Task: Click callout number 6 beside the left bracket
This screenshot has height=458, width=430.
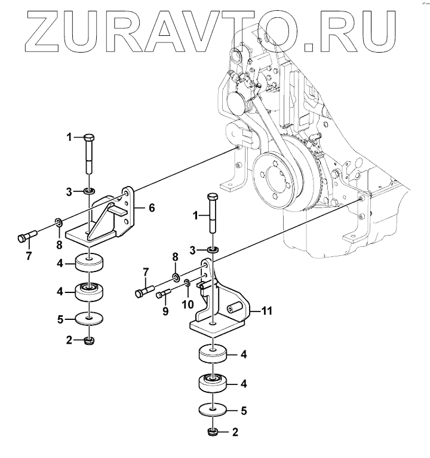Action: (152, 207)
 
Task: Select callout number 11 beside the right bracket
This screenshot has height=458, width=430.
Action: (266, 310)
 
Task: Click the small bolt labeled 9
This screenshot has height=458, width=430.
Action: (164, 294)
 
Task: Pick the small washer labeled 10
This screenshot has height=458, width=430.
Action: (187, 282)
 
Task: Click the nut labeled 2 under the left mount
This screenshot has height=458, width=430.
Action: (90, 341)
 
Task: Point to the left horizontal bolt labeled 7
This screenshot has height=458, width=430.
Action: (26, 236)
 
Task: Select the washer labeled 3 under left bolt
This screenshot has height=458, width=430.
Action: (89, 191)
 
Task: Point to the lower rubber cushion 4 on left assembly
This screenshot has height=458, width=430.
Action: (89, 292)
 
